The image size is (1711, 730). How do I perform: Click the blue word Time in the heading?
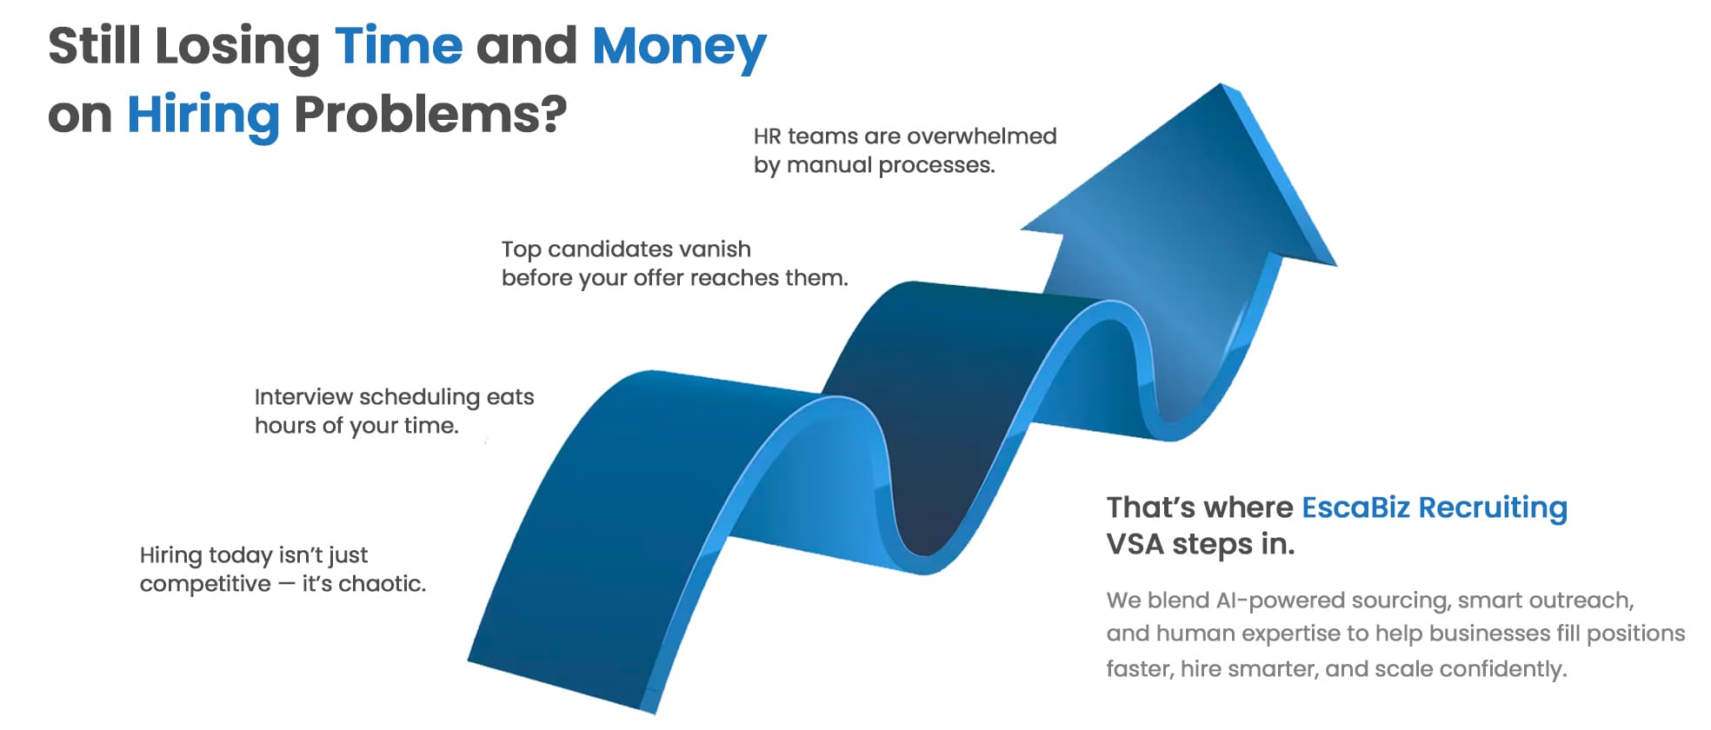pyautogui.click(x=399, y=46)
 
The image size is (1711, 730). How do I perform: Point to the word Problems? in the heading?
pyautogui.click(x=430, y=115)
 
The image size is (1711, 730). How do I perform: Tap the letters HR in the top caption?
pyautogui.click(x=767, y=136)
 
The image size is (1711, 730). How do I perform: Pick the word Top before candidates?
pyautogui.click(x=521, y=250)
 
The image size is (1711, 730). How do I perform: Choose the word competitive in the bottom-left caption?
pyautogui.click(x=205, y=585)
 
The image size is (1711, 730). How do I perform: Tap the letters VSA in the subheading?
pyautogui.click(x=1135, y=545)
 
